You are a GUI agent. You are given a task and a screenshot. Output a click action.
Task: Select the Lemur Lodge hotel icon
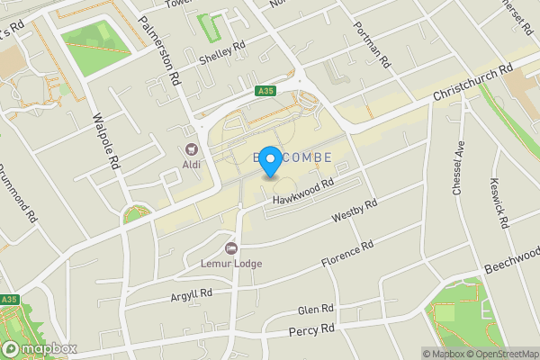click(231, 247)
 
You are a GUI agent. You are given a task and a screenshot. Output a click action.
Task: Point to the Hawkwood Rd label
click(303, 189)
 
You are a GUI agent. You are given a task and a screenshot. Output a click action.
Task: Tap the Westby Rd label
click(355, 211)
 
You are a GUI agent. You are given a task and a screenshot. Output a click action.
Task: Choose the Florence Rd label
click(347, 254)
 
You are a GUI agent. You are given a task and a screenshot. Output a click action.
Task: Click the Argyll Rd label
click(191, 294)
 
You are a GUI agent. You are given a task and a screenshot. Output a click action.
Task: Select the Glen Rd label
click(315, 310)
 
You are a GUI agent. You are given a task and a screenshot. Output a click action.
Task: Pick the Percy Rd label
click(311, 331)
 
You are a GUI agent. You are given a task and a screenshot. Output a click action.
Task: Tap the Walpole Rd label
click(105, 141)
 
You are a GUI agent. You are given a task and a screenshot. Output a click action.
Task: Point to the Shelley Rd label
click(222, 53)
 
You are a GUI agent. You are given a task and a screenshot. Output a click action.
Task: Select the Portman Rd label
click(372, 45)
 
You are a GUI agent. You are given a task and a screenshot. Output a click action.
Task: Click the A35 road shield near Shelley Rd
click(264, 90)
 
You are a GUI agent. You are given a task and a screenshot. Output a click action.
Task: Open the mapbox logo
click(39, 348)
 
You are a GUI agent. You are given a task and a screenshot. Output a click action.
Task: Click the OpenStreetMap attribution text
click(502, 354)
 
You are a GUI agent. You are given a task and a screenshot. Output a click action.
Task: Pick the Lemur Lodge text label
click(231, 264)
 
